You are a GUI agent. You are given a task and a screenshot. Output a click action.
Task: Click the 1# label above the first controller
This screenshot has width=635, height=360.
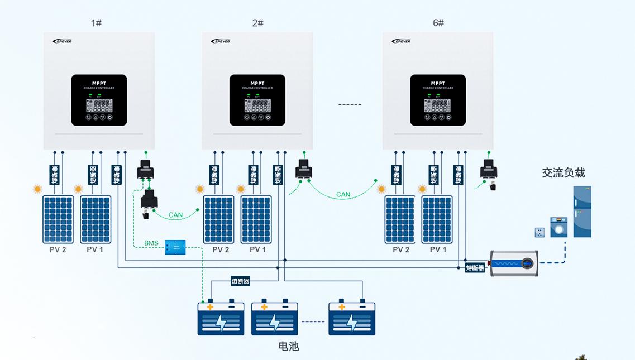[96, 23]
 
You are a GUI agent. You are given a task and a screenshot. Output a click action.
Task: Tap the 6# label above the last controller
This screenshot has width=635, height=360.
[438, 23]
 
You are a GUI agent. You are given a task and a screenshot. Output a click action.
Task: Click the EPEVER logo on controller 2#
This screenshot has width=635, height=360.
[221, 41]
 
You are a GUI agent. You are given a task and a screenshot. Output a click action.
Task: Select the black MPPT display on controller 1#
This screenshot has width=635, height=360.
[99, 100]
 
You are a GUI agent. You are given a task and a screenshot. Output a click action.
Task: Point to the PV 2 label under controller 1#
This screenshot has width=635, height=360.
[58, 249]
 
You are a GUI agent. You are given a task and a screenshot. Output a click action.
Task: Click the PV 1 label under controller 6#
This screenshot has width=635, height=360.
[438, 249]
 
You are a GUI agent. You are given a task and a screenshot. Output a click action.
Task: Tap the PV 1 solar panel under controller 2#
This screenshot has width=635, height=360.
[256, 219]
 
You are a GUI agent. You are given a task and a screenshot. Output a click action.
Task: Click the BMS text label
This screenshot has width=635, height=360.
[151, 243]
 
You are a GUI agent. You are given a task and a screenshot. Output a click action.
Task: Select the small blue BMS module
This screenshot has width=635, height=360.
[175, 247]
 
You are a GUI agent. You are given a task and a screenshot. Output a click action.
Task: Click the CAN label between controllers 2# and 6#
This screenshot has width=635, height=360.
[343, 195]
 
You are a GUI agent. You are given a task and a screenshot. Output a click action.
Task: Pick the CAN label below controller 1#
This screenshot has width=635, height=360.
[175, 215]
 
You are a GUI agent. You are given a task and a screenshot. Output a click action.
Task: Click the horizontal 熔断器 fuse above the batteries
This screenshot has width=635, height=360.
[240, 281]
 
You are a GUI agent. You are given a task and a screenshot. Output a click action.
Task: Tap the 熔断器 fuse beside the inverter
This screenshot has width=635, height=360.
[475, 268]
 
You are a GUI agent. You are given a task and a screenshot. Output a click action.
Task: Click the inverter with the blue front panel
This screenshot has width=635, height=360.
[514, 263]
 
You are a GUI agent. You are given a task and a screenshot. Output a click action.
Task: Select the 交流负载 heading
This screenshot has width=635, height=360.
[563, 173]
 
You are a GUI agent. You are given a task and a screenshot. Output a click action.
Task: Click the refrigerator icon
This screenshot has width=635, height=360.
[582, 212]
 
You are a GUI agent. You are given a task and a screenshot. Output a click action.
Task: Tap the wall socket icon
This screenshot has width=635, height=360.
[539, 231]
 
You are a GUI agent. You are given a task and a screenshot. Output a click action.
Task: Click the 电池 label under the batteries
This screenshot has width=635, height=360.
[289, 346]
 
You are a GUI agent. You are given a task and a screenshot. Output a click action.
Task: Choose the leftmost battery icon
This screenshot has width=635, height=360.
[221, 318]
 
